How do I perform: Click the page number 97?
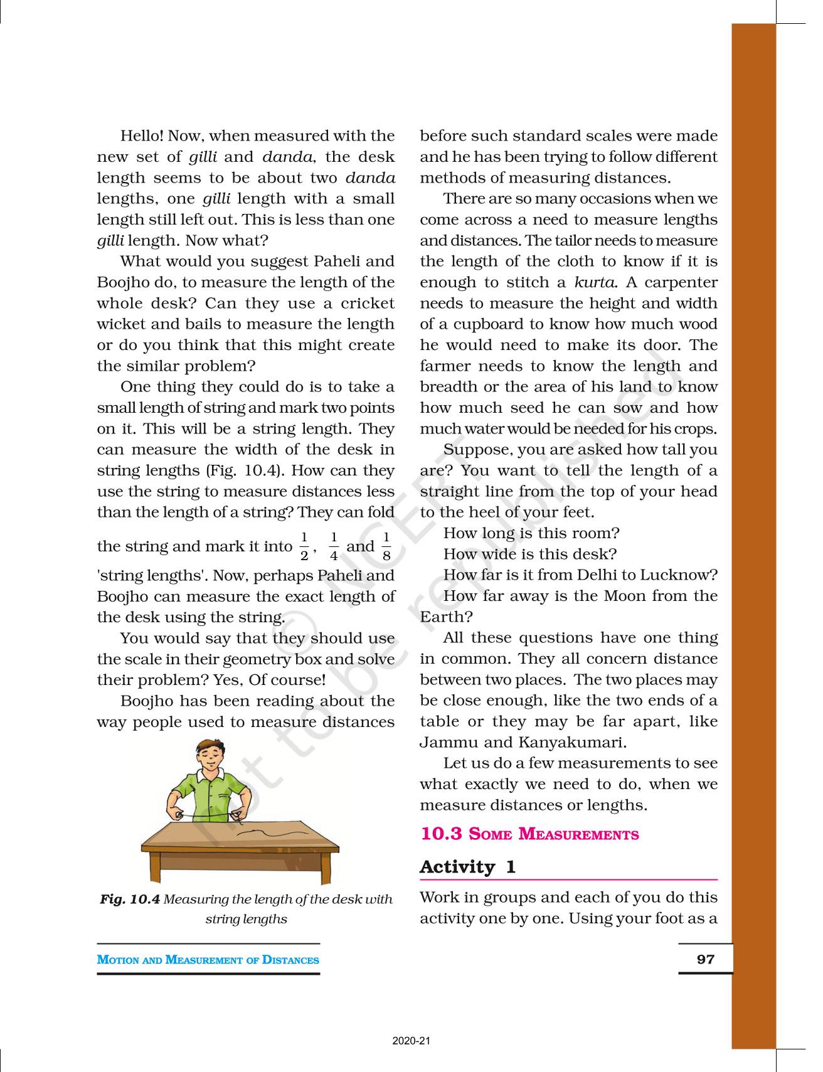(x=706, y=959)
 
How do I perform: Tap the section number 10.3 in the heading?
(x=441, y=834)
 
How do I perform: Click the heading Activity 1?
(x=467, y=867)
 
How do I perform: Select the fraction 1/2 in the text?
(x=304, y=546)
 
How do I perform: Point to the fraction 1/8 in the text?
(x=386, y=546)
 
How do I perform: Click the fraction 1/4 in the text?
(x=334, y=546)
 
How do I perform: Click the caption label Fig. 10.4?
(x=130, y=900)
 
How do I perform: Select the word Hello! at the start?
(x=142, y=136)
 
